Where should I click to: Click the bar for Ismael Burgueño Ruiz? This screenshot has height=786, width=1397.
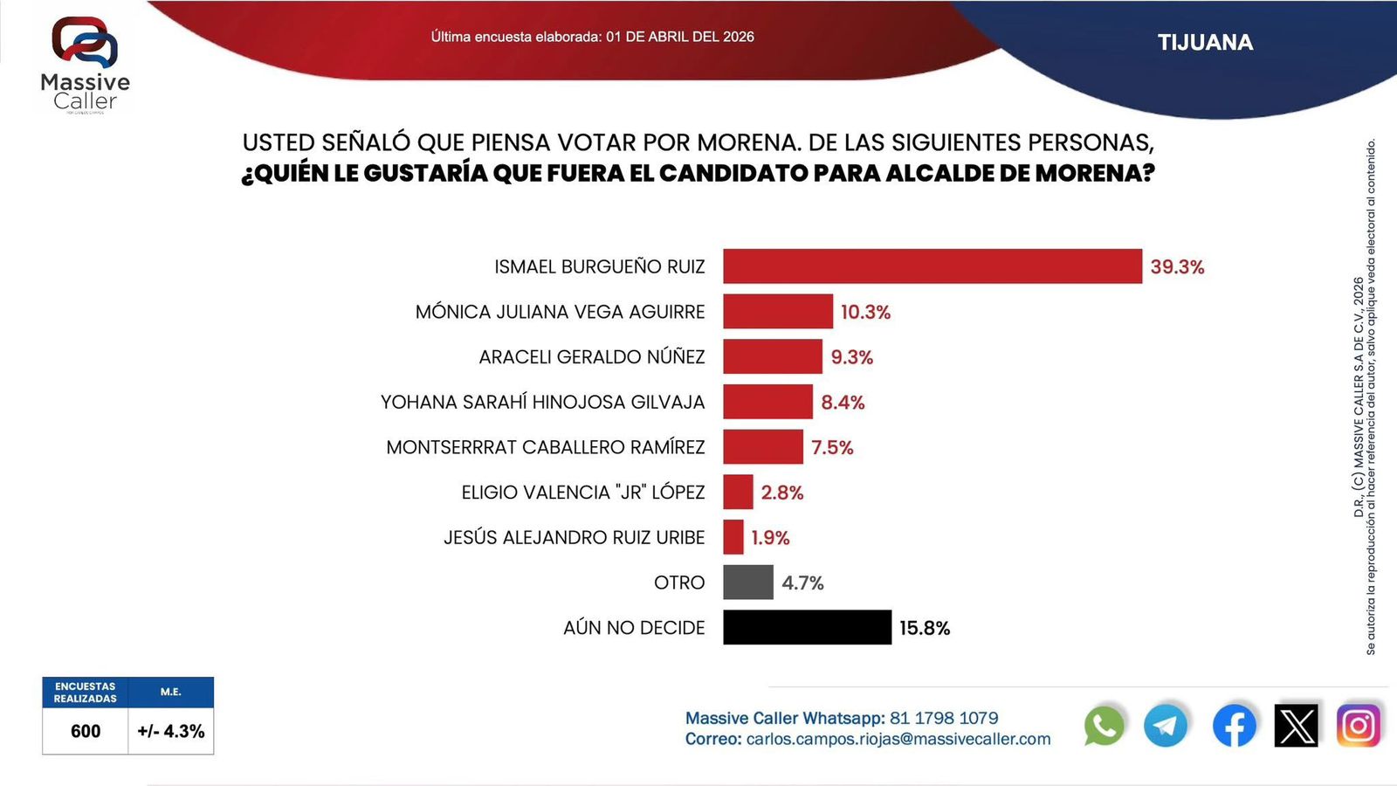[932, 266]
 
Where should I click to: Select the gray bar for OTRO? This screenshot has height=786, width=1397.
[747, 583]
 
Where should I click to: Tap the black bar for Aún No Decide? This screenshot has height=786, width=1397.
[807, 627]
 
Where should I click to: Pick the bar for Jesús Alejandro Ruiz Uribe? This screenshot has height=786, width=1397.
[733, 537]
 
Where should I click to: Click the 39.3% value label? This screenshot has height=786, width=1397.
[1177, 267]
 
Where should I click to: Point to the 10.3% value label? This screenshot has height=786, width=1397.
[865, 313]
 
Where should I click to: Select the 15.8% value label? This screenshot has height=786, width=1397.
[925, 628]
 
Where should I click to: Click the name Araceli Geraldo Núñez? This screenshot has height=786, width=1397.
[591, 357]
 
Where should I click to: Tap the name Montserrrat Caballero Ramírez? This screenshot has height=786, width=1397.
[545, 447]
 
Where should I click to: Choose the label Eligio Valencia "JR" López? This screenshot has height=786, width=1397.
[582, 493]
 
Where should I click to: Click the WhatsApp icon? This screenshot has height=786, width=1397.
[1105, 726]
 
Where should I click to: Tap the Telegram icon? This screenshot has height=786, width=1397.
[1166, 726]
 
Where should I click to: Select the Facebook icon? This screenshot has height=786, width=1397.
[1234, 726]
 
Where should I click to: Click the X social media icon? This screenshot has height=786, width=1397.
[1297, 726]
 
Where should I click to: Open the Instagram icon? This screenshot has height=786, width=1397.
[1359, 726]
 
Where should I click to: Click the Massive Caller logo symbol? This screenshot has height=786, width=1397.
[85, 42]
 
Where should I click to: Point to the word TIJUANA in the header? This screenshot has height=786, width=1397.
[1205, 43]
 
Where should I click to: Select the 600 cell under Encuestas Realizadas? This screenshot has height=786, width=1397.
[86, 731]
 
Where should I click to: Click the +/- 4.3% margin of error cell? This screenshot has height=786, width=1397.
[171, 731]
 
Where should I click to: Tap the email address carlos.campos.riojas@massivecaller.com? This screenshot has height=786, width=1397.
[898, 739]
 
